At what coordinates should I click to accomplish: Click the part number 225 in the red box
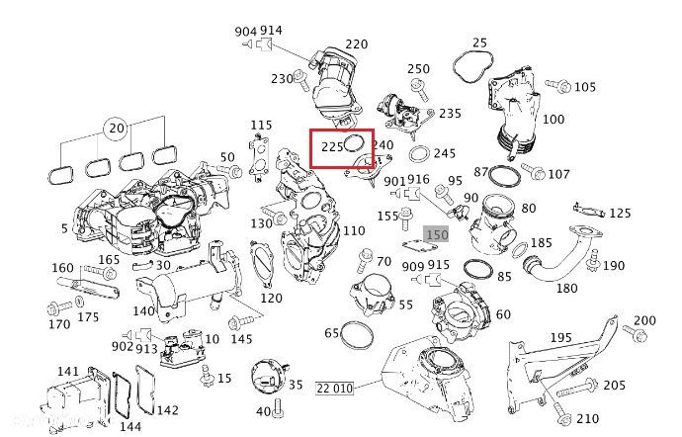point(329,146)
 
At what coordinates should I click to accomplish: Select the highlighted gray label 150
point(437,235)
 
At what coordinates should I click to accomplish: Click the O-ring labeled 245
point(418,155)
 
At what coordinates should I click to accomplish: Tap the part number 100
point(554,120)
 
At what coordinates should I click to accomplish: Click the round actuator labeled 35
point(266,382)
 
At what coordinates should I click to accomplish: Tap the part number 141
point(67,372)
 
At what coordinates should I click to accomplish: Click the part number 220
point(356,44)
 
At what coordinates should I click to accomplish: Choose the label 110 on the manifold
point(353,230)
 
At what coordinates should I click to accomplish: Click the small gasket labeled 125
point(586,211)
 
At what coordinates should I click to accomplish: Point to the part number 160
point(62,268)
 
